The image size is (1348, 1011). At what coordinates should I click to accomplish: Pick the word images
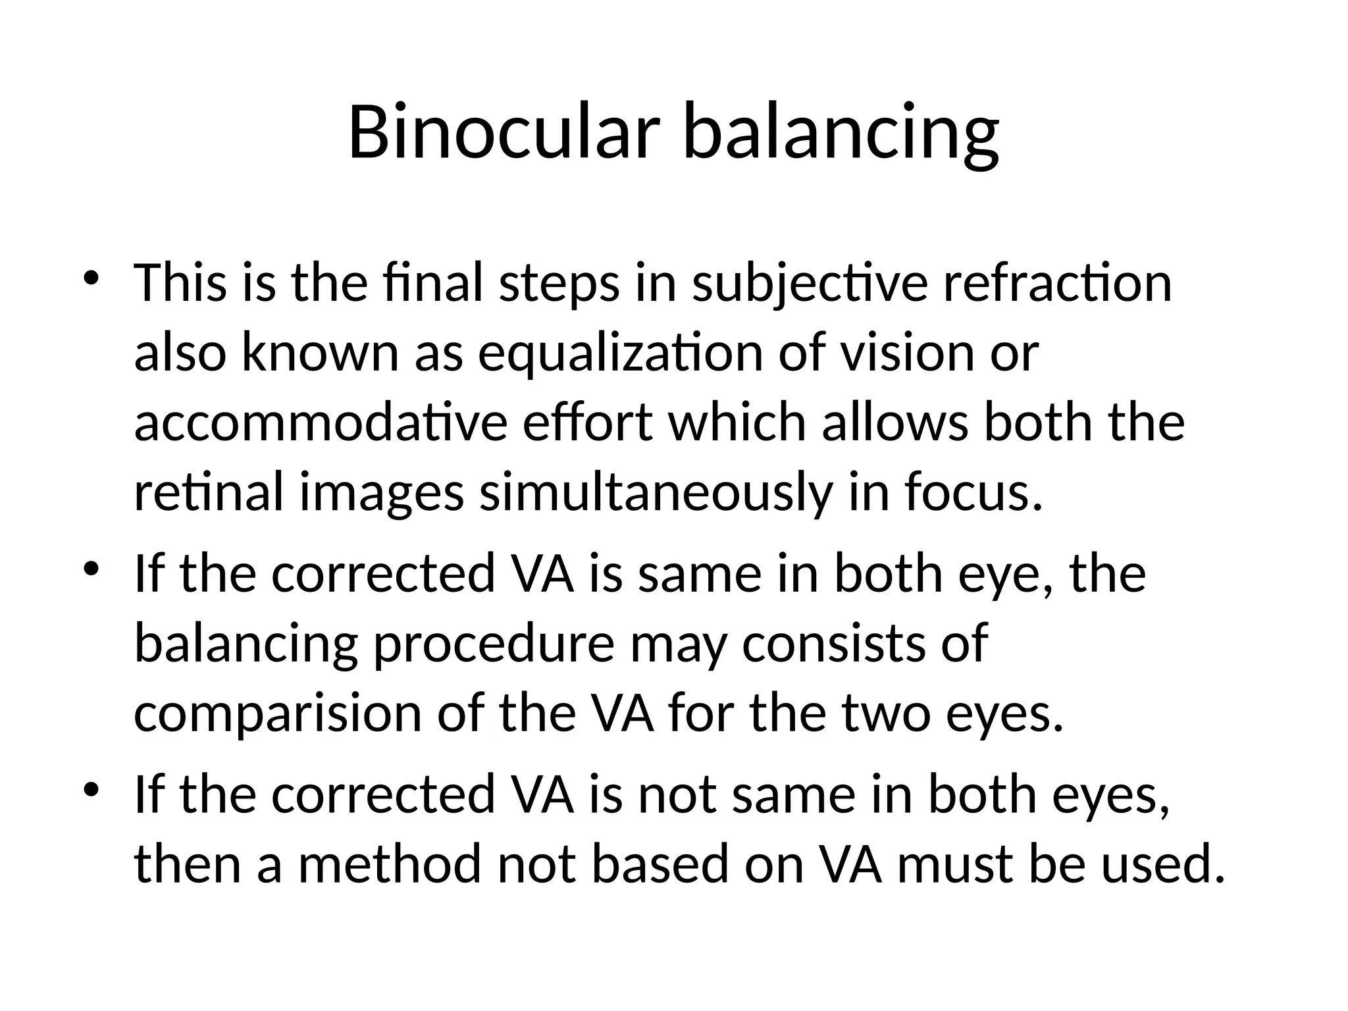(x=382, y=494)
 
